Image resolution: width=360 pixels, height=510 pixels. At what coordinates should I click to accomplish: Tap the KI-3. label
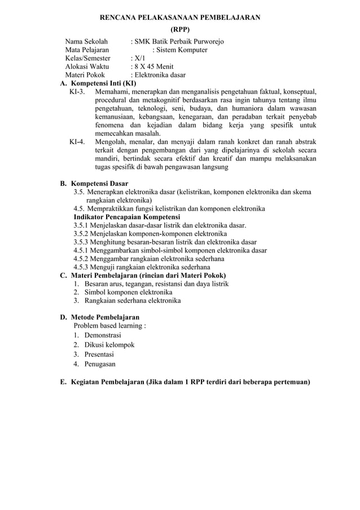click(x=77, y=91)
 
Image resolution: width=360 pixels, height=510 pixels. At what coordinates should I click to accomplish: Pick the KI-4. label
click(x=77, y=141)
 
